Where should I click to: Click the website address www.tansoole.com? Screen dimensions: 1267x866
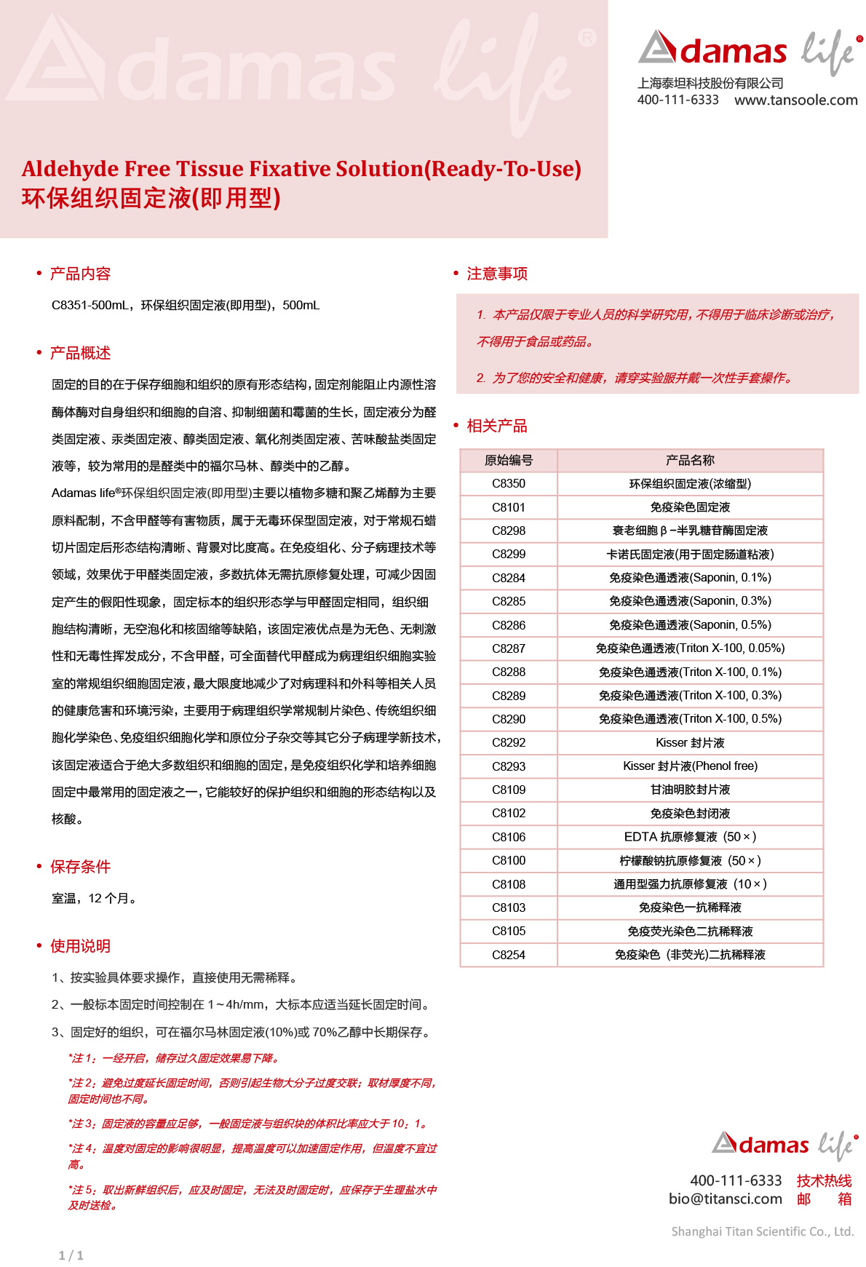pyautogui.click(x=795, y=100)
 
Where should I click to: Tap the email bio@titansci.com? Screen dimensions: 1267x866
pyautogui.click(x=725, y=1199)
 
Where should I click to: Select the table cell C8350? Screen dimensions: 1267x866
pyautogui.click(x=508, y=484)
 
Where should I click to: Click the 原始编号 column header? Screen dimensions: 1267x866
pyautogui.click(x=508, y=460)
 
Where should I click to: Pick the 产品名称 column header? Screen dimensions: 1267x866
pyautogui.click(x=689, y=460)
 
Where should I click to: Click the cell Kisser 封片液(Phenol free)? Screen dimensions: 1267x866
pyautogui.click(x=689, y=766)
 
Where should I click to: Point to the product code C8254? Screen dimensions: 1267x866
pyautogui.click(x=508, y=955)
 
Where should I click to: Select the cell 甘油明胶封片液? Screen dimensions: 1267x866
pyautogui.click(x=689, y=790)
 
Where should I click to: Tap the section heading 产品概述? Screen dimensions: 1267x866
pyautogui.click(x=80, y=353)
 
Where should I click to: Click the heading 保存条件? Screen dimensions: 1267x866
pyautogui.click(x=80, y=867)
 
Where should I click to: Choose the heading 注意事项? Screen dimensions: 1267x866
pyautogui.click(x=496, y=274)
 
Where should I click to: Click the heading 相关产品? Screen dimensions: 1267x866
pyautogui.click(x=496, y=426)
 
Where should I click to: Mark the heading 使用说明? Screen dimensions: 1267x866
pyautogui.click(x=80, y=946)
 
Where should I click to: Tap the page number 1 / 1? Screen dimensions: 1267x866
pyautogui.click(x=71, y=1255)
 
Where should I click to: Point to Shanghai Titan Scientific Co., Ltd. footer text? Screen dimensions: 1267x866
pyautogui.click(x=762, y=1231)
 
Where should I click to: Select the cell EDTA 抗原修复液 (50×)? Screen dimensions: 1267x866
pyautogui.click(x=689, y=837)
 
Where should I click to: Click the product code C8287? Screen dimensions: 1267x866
pyautogui.click(x=508, y=648)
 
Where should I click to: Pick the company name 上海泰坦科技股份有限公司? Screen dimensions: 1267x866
pyautogui.click(x=710, y=83)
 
